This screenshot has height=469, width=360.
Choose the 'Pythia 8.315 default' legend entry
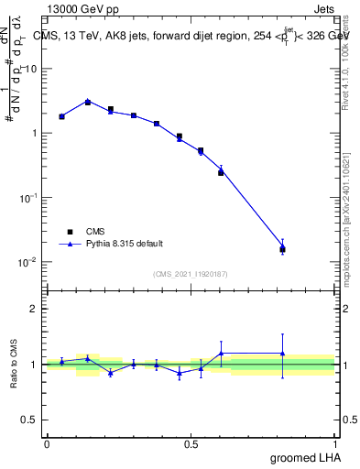point(125,244)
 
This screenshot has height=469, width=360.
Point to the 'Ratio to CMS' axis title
point(14,364)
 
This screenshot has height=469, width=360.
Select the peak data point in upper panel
point(88,102)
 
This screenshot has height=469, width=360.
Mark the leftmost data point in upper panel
point(61,116)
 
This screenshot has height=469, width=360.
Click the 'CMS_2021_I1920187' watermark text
point(190,274)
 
